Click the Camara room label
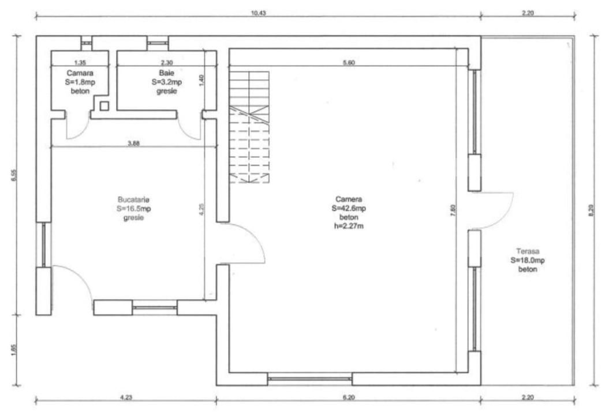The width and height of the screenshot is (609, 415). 80,73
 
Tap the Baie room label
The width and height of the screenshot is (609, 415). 167,73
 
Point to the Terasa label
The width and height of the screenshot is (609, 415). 527,251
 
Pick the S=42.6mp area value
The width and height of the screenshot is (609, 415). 348,208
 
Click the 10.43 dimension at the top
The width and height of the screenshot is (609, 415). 258,12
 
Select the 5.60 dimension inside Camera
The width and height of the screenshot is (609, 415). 348,63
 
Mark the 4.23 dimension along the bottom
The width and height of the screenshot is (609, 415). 125,397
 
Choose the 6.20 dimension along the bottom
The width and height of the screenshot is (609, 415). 348,397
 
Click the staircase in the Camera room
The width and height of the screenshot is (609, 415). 249,127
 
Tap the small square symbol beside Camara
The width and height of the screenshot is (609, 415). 104,106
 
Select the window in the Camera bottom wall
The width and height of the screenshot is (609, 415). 310,379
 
